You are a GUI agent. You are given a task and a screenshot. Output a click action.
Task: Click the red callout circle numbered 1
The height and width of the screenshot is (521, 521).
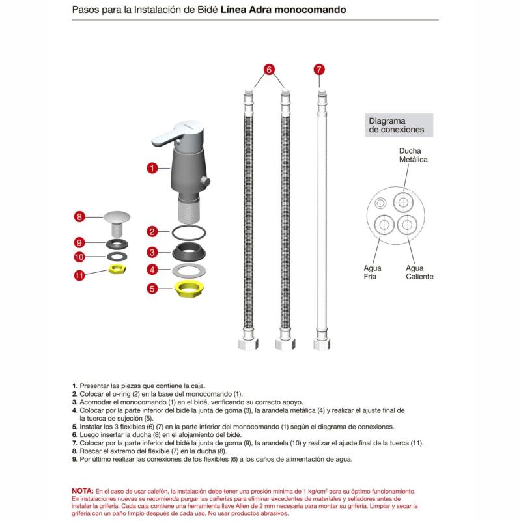coord(151,168)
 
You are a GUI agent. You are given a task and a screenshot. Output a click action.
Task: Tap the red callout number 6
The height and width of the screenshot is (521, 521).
coord(270,69)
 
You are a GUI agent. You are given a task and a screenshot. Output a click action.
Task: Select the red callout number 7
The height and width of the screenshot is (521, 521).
coord(318,69)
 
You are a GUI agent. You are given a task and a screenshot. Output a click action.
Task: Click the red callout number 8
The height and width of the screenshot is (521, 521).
coord(79,217)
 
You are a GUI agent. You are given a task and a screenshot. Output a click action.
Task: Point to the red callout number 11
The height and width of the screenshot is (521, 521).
coord(79,275)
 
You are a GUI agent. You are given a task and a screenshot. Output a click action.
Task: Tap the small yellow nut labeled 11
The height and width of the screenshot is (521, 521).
coord(118,269)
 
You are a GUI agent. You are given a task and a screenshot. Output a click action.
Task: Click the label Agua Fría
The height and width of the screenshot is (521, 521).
coord(373,272)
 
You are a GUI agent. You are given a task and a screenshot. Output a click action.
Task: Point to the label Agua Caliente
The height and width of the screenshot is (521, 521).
coord(419,272)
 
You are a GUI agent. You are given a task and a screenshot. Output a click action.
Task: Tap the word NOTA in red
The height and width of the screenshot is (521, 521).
coord(83,490)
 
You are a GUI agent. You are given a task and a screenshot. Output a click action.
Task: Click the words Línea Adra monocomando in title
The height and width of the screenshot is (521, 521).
coord(284,11)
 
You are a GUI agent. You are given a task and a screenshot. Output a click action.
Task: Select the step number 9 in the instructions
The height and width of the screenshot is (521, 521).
coord(75,459)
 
